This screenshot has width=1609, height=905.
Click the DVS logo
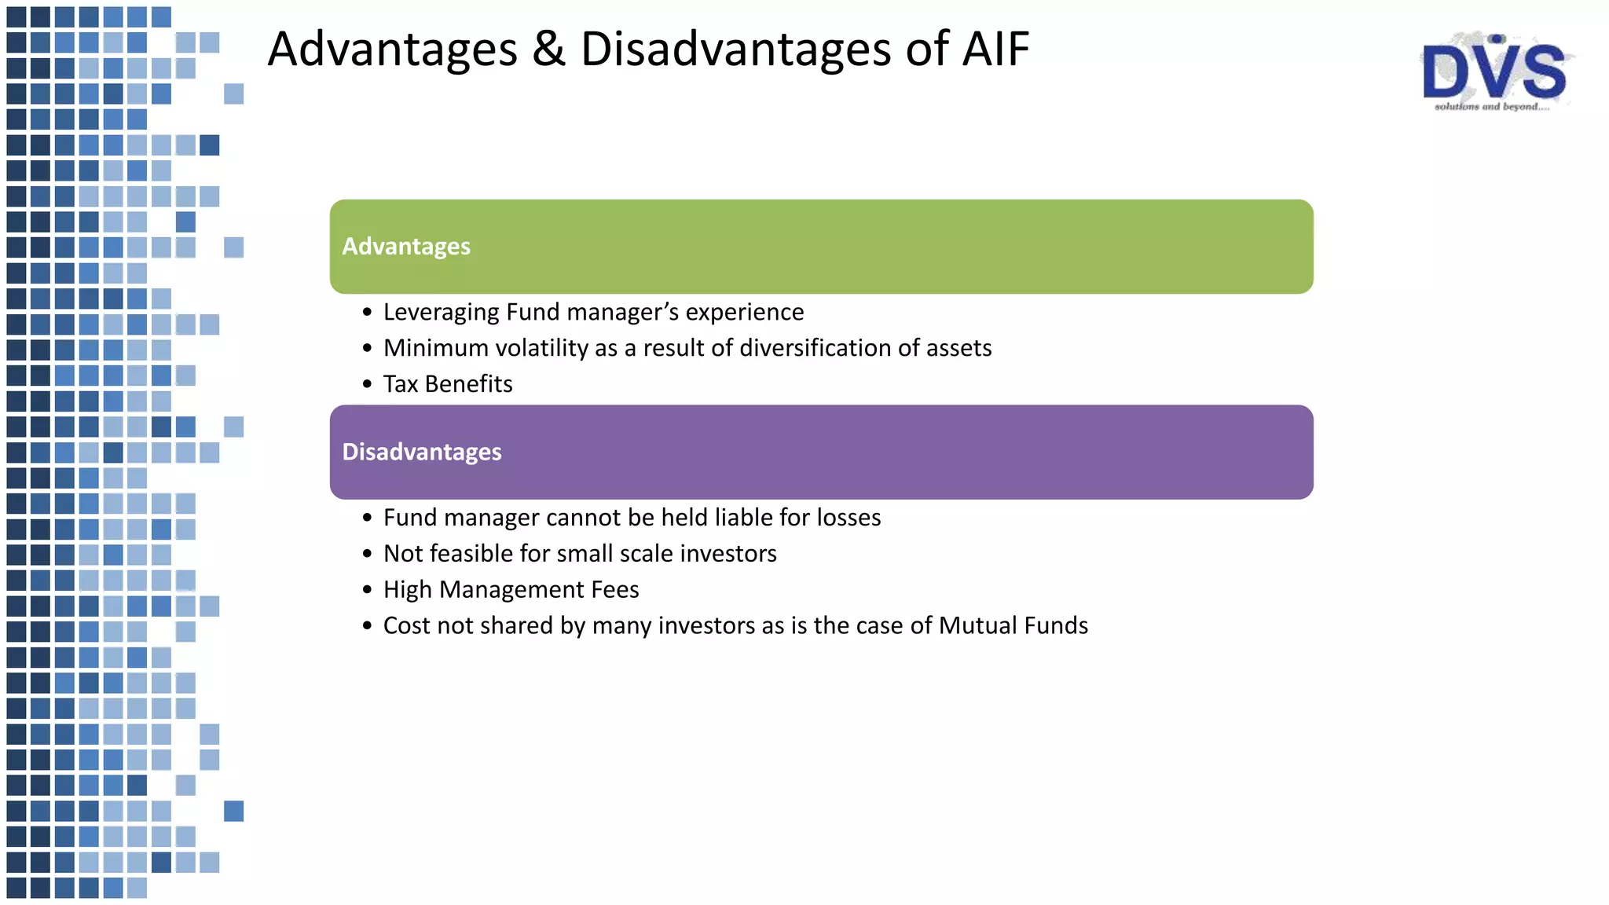pyautogui.click(x=1494, y=71)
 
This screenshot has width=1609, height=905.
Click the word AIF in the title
pyautogui.click(x=995, y=49)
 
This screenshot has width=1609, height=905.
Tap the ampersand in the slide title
pyautogui.click(x=548, y=49)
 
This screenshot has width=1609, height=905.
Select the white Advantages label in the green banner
pyautogui.click(x=406, y=247)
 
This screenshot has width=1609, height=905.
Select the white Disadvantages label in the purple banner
pyautogui.click(x=422, y=452)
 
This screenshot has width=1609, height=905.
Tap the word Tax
pyautogui.click(x=400, y=384)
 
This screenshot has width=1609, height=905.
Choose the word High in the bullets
pyautogui.click(x=407, y=590)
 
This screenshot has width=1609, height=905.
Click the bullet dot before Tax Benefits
pyautogui.click(x=367, y=384)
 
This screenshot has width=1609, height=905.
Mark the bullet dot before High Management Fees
pyautogui.click(x=367, y=590)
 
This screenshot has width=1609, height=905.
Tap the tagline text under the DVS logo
pyautogui.click(x=1491, y=107)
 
